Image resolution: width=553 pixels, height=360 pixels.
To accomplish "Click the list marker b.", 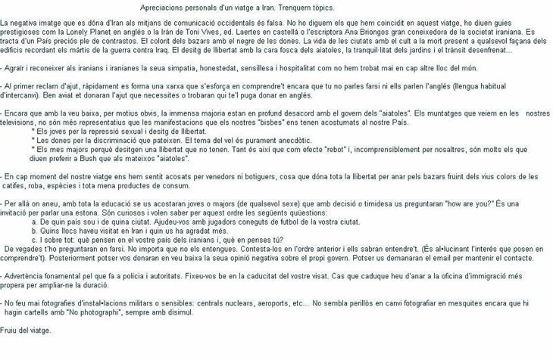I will tap(35, 230).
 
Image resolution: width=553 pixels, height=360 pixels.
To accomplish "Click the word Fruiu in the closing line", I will tap(10, 330).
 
